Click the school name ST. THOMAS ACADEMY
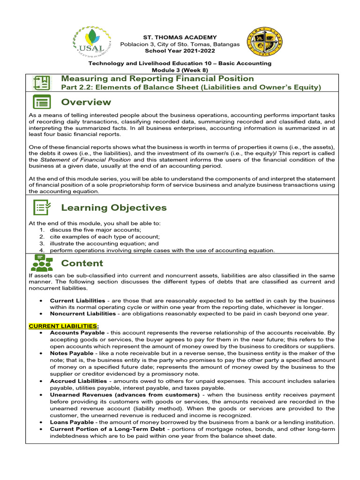180,37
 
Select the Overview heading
86,102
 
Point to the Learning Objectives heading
114,208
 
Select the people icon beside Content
42,263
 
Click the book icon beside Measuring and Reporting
41,83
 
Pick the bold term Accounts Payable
77,332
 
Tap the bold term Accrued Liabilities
78,381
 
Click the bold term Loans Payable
72,422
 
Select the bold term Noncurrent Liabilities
82,314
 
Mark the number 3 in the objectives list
42,244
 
